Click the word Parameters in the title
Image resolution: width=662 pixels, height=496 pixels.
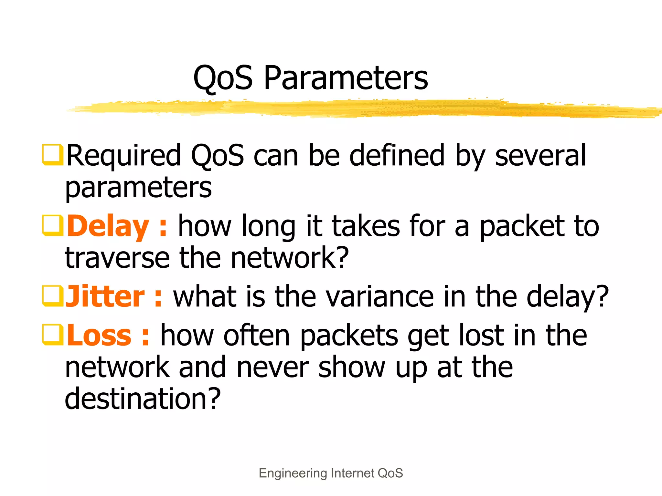[x=346, y=78]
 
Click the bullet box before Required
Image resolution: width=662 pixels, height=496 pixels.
[x=52, y=155]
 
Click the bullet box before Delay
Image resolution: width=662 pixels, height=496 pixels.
[x=52, y=226]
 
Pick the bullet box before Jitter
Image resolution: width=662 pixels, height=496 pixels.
[x=52, y=296]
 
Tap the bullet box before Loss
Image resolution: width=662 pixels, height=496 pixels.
[x=52, y=335]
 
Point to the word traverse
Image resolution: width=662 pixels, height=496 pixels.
[x=117, y=258]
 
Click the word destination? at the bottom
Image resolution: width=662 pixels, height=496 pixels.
[x=143, y=399]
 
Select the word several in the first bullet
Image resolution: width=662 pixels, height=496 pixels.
[x=540, y=156]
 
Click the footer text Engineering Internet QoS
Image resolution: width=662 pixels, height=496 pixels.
[x=331, y=473]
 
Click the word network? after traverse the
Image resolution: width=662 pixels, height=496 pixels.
[x=290, y=258]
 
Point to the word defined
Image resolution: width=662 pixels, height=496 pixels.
[x=397, y=156]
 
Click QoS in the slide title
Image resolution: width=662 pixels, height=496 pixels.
[x=223, y=79]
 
